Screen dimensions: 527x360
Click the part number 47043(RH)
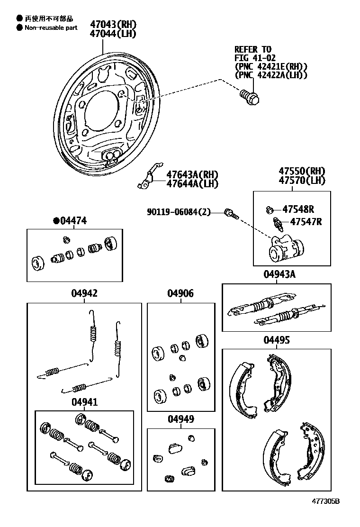tap(113, 24)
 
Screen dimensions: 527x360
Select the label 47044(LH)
tap(113, 34)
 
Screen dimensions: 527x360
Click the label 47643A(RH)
tap(192, 175)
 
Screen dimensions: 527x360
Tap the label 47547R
tap(306, 221)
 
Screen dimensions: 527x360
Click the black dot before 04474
tap(56, 220)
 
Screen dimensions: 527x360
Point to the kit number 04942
tap(84, 293)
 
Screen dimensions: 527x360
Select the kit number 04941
tap(84, 402)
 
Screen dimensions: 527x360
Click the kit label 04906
tap(180, 293)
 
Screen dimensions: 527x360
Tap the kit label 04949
tap(180, 419)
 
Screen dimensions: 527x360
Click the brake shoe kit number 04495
tap(277, 340)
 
